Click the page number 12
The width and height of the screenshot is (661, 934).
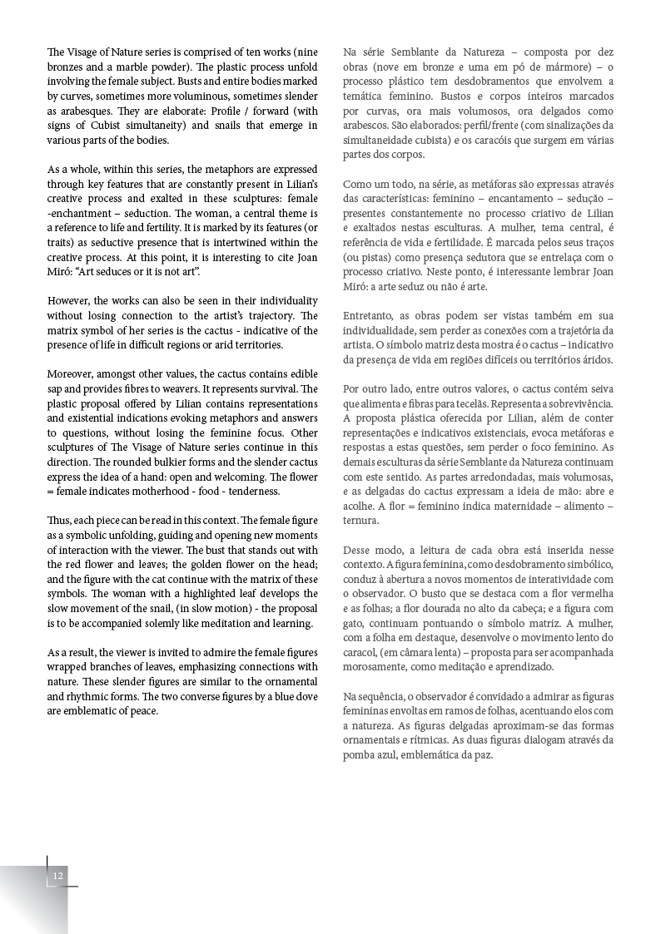[57, 876]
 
